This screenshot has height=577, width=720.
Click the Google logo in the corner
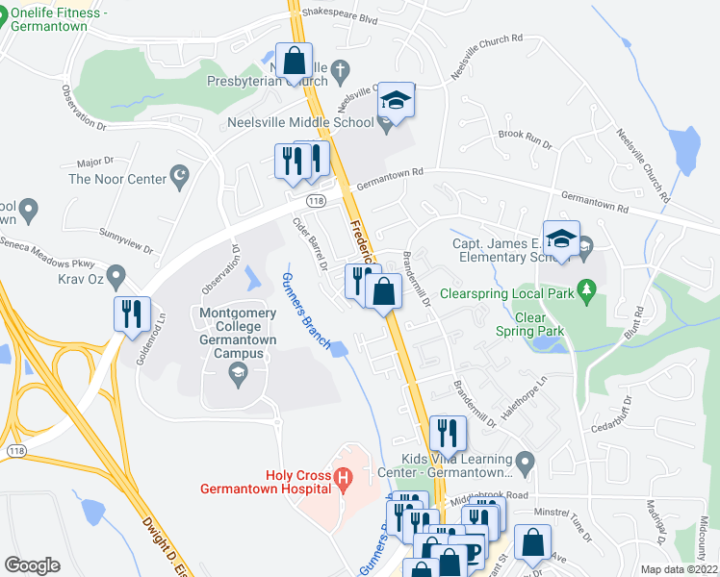[x=33, y=564]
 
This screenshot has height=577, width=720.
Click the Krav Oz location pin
[x=116, y=278]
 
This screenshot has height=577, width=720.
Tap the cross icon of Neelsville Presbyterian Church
[x=340, y=69]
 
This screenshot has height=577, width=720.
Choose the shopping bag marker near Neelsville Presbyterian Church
[x=295, y=61]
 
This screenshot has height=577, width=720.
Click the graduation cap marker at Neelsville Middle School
[x=395, y=99]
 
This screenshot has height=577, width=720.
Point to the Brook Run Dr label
[x=526, y=138]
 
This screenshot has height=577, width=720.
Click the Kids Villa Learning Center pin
[x=525, y=464]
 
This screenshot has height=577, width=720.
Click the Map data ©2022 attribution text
[x=679, y=568]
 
